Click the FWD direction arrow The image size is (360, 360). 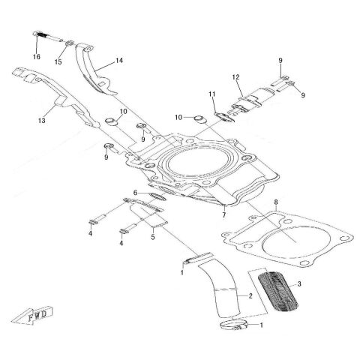click(33, 315)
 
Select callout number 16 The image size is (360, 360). click(37, 57)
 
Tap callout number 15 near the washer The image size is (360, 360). click(58, 62)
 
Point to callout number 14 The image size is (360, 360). click(119, 61)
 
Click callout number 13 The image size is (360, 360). click(42, 121)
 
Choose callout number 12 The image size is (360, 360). click(235, 77)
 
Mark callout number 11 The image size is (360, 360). click(212, 94)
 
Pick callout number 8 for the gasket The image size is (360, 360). click(276, 202)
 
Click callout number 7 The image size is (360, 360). click(224, 215)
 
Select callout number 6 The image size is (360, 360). click(135, 193)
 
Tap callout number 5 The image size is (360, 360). click(153, 237)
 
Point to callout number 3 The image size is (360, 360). click(299, 284)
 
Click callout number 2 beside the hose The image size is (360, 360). click(250, 296)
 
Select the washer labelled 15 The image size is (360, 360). click(70, 43)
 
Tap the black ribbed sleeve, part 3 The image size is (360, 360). click(278, 291)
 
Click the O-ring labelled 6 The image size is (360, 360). click(157, 196)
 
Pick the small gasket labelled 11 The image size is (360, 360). click(224, 117)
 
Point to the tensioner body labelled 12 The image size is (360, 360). click(253, 100)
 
